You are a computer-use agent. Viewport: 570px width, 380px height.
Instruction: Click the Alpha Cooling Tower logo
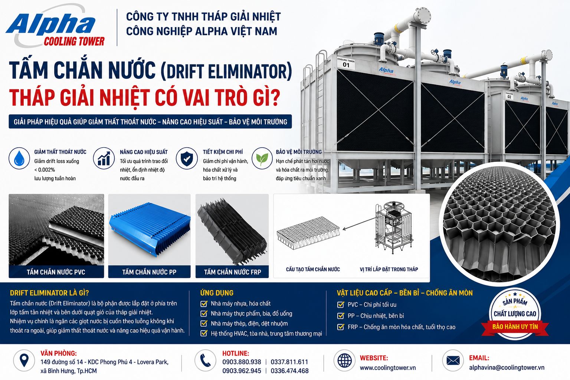(x=55, y=27)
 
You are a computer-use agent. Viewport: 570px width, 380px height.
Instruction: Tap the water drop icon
(x=19, y=158)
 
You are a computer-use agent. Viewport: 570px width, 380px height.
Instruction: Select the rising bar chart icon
(x=104, y=158)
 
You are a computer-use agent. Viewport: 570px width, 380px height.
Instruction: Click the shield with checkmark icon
(x=187, y=158)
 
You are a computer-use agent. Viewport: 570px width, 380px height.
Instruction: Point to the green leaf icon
(x=262, y=158)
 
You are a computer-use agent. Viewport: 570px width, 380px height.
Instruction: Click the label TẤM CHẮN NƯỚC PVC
(x=56, y=272)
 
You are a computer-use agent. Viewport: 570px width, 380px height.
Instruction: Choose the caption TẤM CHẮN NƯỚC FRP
(x=233, y=272)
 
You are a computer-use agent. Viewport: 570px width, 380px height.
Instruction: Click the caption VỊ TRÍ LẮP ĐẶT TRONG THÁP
(x=389, y=269)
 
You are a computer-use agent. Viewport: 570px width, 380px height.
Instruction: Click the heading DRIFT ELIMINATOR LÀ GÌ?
(x=49, y=293)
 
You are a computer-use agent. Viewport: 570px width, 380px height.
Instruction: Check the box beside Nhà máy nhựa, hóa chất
(x=204, y=304)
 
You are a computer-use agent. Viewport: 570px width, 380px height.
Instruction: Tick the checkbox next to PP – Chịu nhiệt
(x=340, y=316)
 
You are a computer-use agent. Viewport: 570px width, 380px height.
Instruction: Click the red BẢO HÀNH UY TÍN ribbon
(x=515, y=327)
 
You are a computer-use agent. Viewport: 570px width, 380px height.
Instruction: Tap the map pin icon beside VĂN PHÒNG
(x=24, y=361)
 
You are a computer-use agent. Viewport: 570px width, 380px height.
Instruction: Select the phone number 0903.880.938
(x=242, y=362)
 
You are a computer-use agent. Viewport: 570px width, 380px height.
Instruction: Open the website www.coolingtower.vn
(x=388, y=368)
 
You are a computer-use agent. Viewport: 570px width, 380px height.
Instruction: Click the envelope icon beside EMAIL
(x=453, y=361)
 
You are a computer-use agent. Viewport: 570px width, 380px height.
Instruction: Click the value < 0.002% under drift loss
(x=45, y=170)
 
